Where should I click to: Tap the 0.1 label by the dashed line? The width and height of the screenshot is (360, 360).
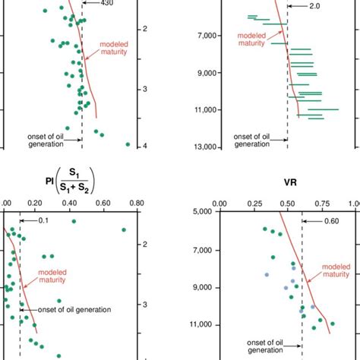pos(43,220)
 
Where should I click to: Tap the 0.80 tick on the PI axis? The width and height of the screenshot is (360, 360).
pos(135,203)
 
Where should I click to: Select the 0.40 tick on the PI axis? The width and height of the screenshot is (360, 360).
pos(70,203)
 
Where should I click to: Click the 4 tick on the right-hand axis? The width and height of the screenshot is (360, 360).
pos(144,146)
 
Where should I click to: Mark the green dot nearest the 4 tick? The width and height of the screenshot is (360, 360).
pos(128,144)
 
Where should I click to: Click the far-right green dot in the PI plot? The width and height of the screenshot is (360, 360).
pos(123,229)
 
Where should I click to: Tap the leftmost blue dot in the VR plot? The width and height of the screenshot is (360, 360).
pos(267,275)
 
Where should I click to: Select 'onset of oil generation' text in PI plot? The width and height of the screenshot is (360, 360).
pos(66,309)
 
